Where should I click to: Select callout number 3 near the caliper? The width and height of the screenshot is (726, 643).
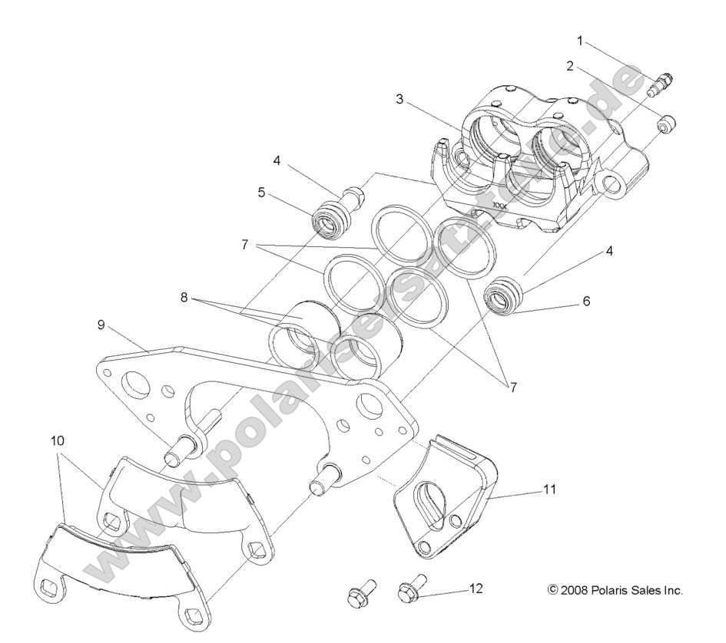[x=399, y=99]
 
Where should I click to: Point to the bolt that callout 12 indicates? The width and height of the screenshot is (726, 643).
[x=409, y=591]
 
